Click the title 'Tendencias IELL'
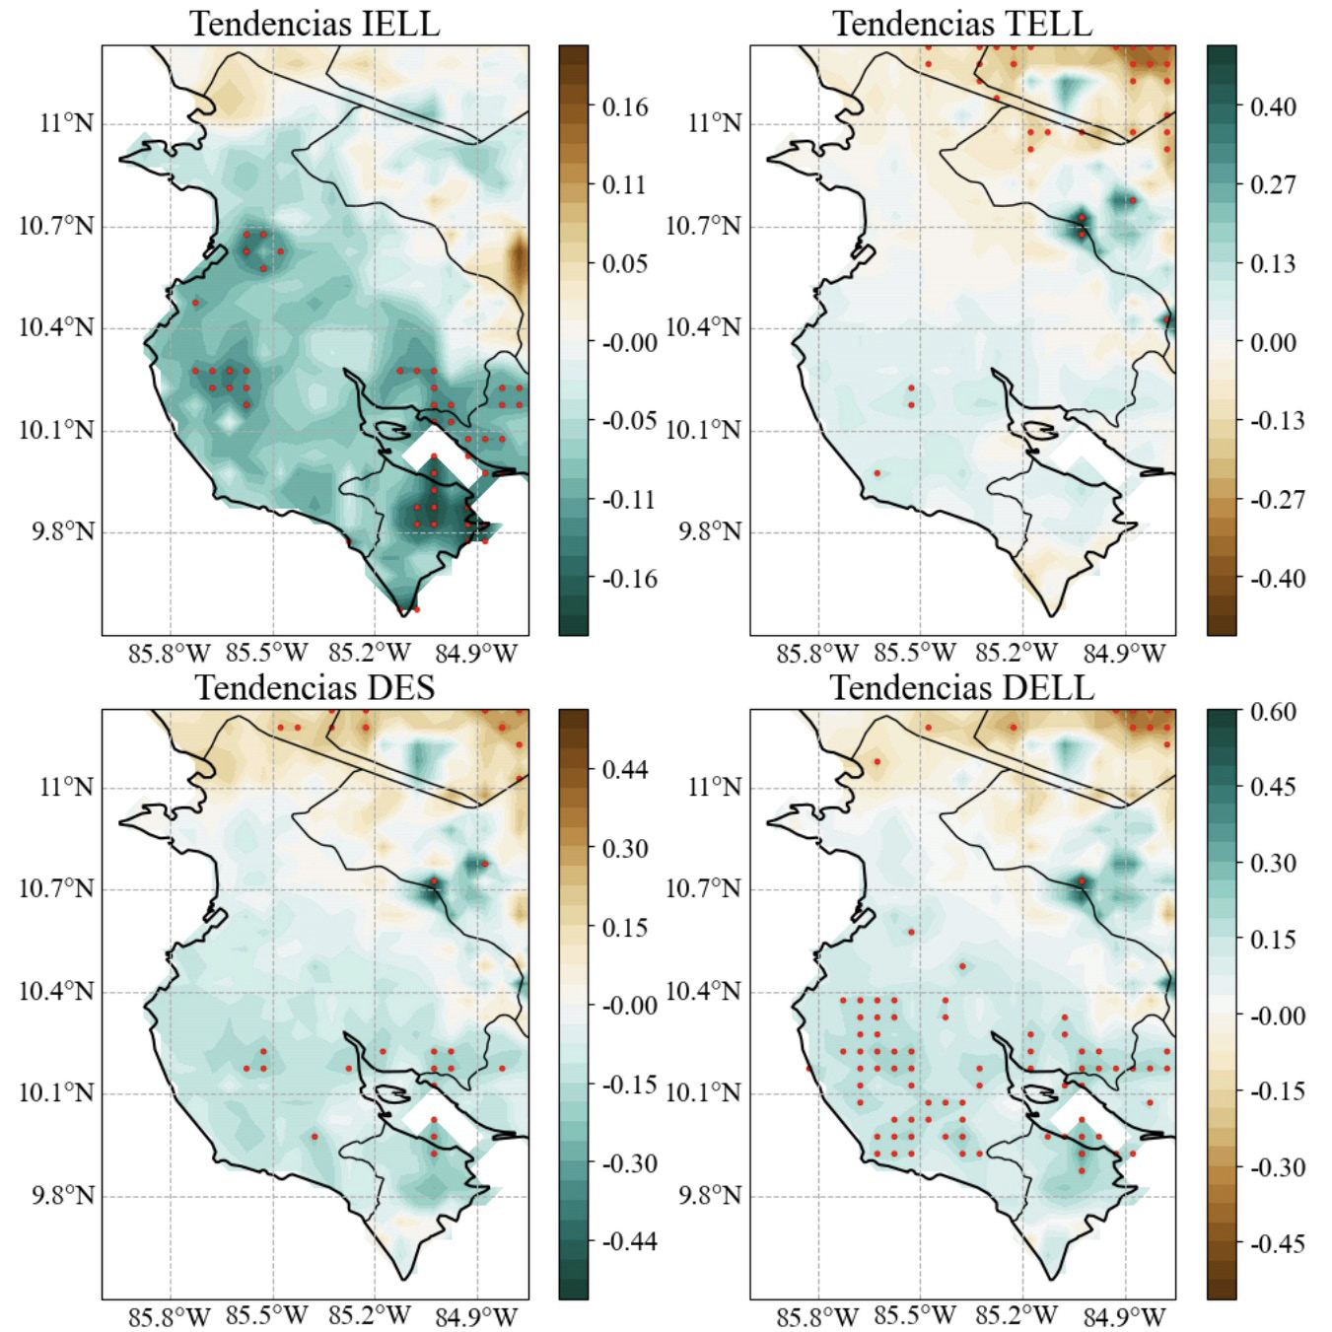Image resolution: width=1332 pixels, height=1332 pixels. [315, 23]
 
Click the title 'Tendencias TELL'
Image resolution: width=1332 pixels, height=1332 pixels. [962, 23]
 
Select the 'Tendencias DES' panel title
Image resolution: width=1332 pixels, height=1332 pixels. [315, 687]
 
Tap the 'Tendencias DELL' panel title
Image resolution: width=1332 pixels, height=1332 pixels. [962, 687]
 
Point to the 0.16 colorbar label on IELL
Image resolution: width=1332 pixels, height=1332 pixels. [625, 106]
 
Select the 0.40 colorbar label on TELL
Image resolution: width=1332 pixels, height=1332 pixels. [1273, 106]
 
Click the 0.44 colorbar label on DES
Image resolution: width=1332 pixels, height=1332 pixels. [625, 769]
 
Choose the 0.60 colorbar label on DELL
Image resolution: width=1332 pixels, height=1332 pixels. [1273, 712]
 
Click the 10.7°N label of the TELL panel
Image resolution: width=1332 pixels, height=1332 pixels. [703, 226]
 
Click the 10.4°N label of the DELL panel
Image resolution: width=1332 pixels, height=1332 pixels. [703, 991]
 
